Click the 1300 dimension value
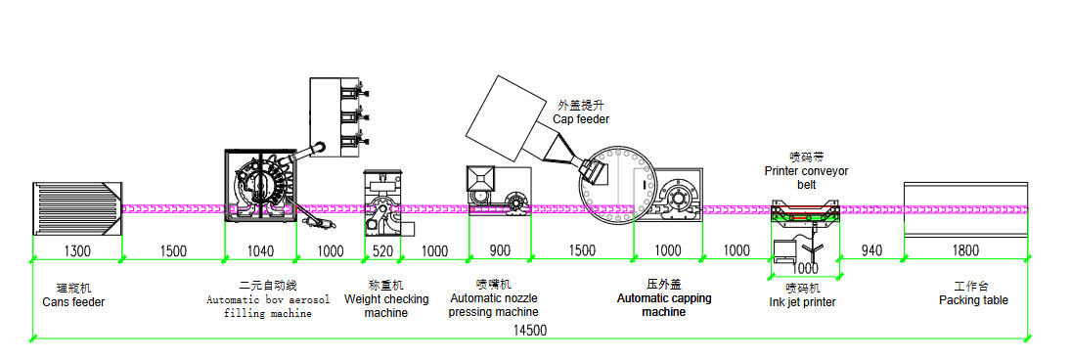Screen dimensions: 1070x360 click(76, 251)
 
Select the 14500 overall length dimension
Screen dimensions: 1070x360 click(527, 331)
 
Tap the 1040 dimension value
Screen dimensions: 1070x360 click(260, 251)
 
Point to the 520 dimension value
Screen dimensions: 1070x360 click(382, 251)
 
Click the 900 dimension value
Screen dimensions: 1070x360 click(500, 251)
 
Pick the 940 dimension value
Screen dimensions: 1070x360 click(872, 251)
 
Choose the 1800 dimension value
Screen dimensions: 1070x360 click(965, 251)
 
